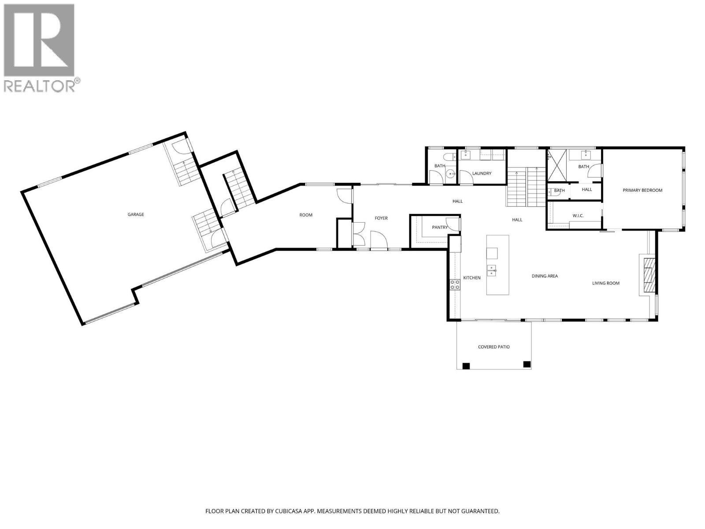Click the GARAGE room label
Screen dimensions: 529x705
coord(136,215)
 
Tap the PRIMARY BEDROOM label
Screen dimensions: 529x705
coord(642,190)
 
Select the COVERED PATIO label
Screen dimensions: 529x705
coord(493,347)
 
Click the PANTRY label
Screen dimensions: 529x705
coord(439,227)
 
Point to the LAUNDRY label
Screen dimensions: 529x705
coord(481,174)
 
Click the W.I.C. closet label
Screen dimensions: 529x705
coord(578,216)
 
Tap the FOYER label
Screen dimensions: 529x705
coord(381,218)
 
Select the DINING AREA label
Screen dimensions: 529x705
coord(545,276)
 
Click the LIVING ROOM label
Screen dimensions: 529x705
coord(605,283)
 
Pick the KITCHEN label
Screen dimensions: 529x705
coord(471,278)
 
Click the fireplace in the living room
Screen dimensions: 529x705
coord(648,275)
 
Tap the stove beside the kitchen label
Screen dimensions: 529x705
coord(455,285)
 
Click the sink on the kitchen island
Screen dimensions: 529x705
coord(492,270)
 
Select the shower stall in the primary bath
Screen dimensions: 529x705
coord(557,166)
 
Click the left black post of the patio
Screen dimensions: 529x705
coord(466,365)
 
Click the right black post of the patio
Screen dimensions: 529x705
coord(526,364)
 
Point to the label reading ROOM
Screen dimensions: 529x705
coord(306,215)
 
